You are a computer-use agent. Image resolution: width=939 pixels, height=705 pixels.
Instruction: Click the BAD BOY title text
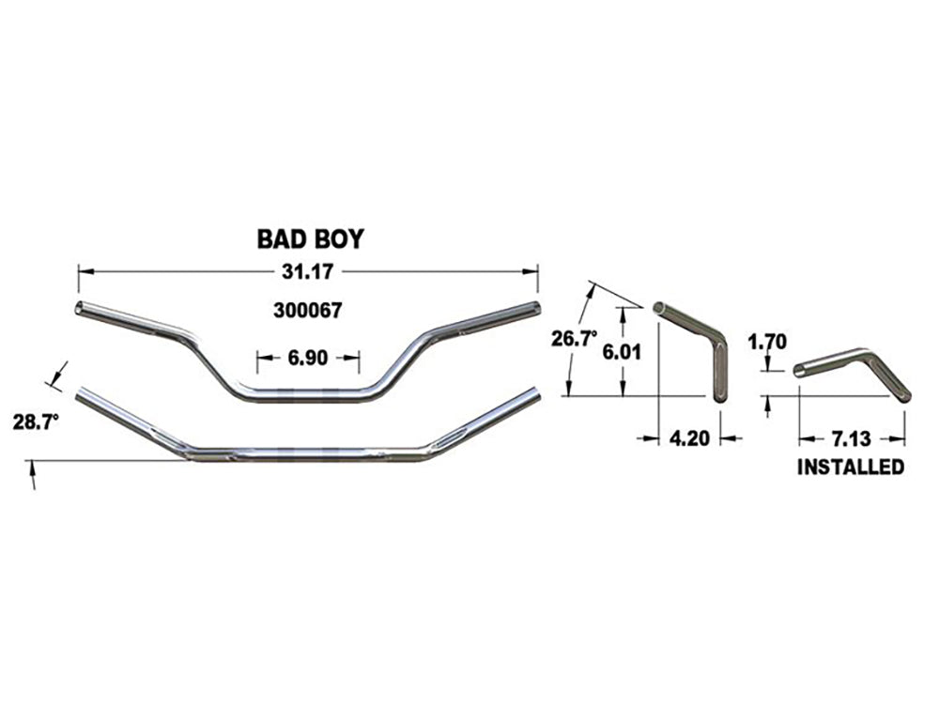pyautogui.click(x=310, y=239)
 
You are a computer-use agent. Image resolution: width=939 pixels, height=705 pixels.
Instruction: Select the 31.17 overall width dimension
pyautogui.click(x=309, y=272)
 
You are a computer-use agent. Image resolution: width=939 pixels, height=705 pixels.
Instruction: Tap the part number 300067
pyautogui.click(x=309, y=311)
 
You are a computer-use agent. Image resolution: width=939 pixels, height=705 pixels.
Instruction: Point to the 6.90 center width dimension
pyautogui.click(x=309, y=357)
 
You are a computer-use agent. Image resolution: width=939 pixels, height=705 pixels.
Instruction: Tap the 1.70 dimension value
pyautogui.click(x=767, y=342)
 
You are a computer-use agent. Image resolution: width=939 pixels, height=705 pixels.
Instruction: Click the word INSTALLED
pyautogui.click(x=851, y=467)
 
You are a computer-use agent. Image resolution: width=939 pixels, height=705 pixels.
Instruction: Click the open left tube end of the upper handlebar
pyautogui.click(x=80, y=308)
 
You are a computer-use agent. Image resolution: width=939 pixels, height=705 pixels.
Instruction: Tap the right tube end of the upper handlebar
pyautogui.click(x=536, y=309)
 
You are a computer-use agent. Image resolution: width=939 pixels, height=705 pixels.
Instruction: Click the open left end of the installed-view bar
pyautogui.click(x=799, y=371)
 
